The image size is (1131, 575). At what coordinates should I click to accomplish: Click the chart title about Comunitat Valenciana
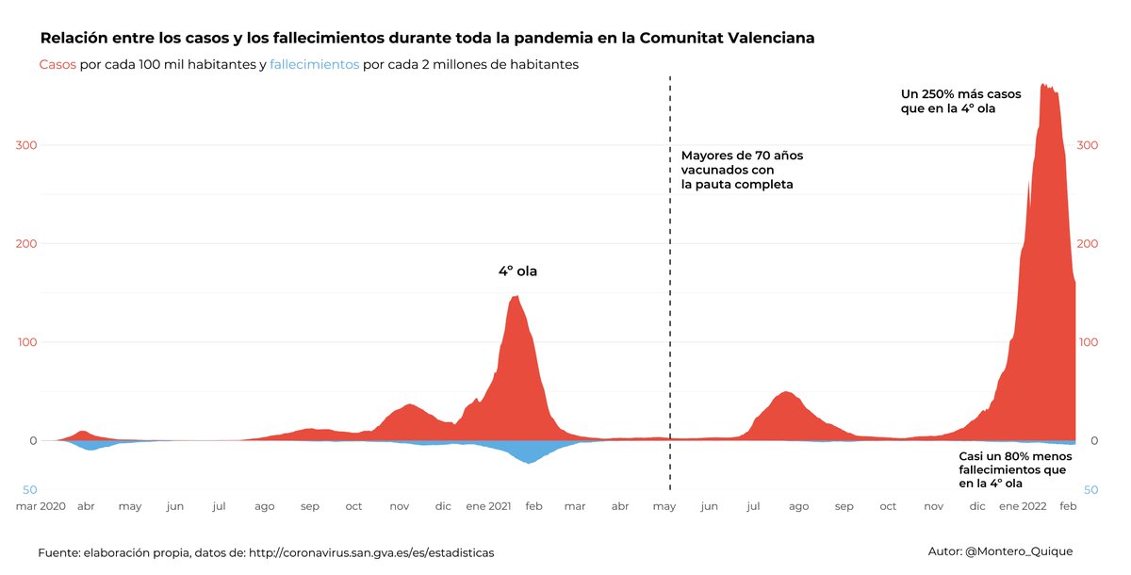click(427, 39)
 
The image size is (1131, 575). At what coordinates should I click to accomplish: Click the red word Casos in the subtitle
click(57, 65)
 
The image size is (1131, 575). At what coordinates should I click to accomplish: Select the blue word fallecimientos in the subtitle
click(314, 65)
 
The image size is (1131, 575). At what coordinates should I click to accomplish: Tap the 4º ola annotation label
click(517, 271)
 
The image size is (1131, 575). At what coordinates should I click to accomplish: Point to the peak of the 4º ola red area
click(515, 299)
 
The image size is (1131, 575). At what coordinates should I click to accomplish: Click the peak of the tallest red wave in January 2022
click(1044, 87)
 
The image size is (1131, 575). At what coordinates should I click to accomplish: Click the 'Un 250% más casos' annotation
click(960, 101)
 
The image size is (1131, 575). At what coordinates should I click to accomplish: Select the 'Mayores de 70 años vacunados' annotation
click(742, 170)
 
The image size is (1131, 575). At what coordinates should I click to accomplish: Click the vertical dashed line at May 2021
click(670, 283)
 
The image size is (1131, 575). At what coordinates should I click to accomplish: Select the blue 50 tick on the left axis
click(29, 490)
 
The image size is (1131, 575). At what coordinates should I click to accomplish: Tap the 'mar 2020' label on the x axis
click(41, 506)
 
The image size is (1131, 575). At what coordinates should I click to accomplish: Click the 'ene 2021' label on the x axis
click(488, 506)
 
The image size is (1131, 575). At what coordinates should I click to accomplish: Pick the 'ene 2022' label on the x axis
click(1022, 506)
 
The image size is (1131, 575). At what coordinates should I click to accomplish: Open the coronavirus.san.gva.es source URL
click(370, 552)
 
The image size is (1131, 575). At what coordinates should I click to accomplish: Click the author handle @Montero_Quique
click(1019, 551)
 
